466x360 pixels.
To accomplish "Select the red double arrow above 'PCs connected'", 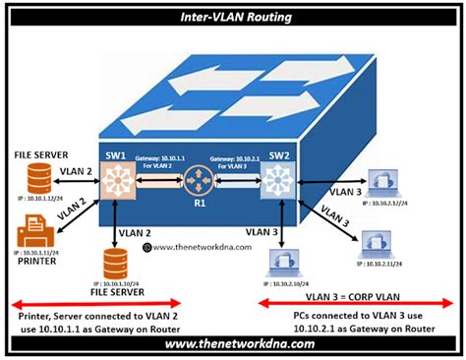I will click(x=358, y=303).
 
